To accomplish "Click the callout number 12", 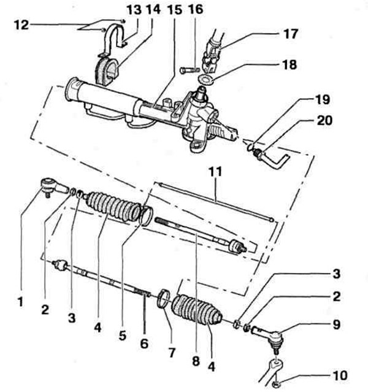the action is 21,25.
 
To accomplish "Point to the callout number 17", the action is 290,34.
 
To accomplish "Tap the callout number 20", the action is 324,120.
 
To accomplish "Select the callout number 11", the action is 215,172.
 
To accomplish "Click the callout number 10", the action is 340,375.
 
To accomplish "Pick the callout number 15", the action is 174,10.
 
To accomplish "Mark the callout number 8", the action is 196,361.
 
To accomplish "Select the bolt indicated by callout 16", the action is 190,70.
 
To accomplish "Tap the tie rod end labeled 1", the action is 55,188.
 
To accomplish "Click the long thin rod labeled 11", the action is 215,201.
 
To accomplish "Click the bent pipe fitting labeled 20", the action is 271,159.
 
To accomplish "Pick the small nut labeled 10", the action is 275,383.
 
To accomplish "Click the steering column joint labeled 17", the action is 213,54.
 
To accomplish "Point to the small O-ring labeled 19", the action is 250,147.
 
